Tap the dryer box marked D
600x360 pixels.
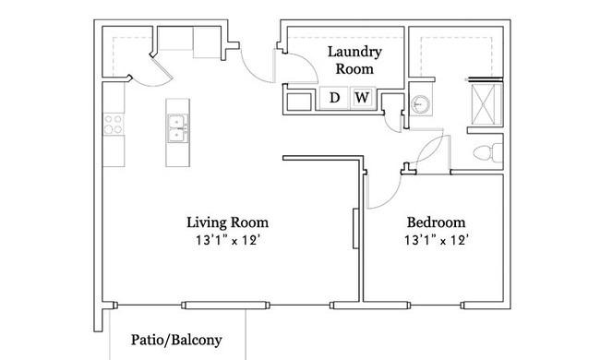[335, 98]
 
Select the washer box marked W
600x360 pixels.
[362, 98]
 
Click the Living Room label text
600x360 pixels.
[227, 222]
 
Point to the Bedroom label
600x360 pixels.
[436, 222]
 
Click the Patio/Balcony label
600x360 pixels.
[175, 340]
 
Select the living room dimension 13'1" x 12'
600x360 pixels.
[227, 242]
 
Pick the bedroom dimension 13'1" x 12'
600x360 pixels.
[436, 242]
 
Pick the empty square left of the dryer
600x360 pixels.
[301, 99]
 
